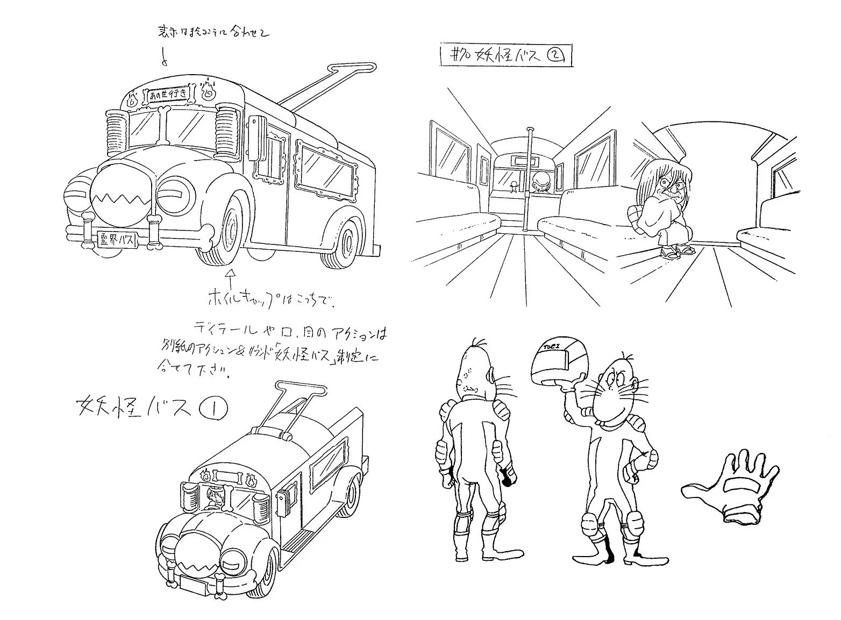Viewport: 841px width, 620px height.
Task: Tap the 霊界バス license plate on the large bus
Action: tap(117, 239)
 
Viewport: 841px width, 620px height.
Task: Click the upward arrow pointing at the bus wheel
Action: tap(232, 280)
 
